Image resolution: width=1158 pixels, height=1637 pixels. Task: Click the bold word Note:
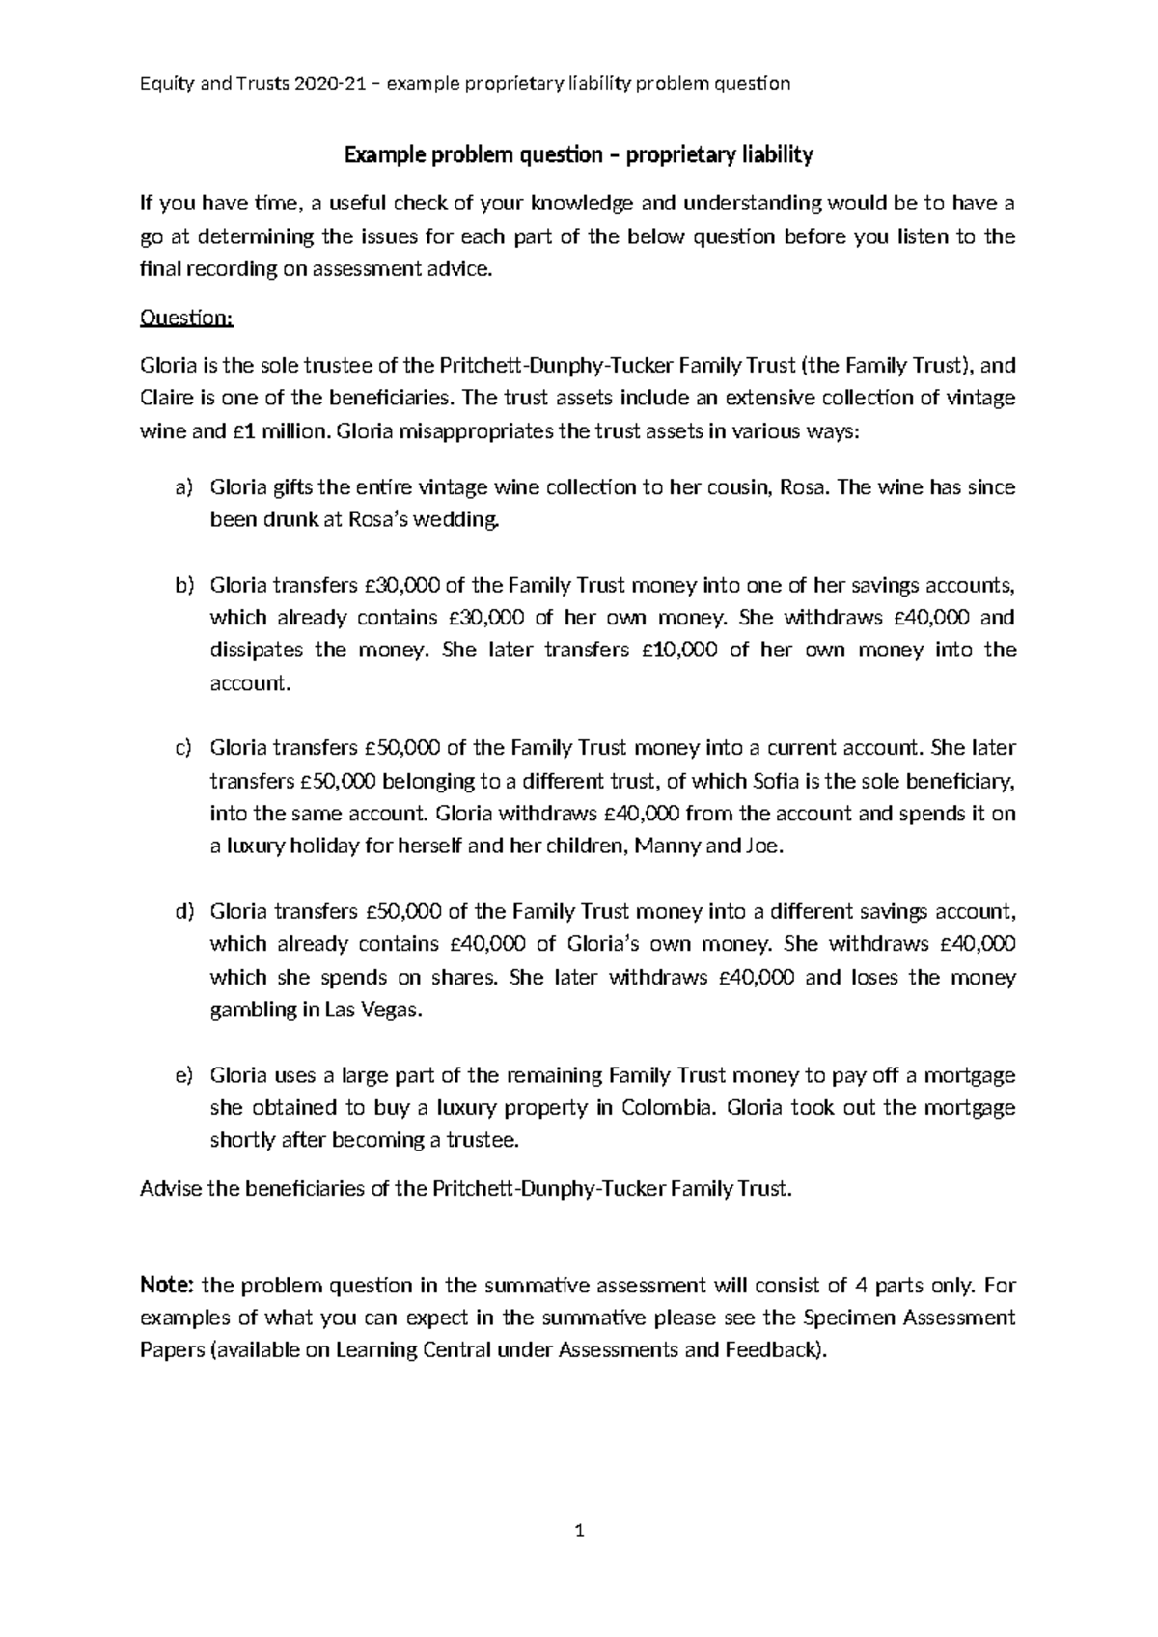168,1286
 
